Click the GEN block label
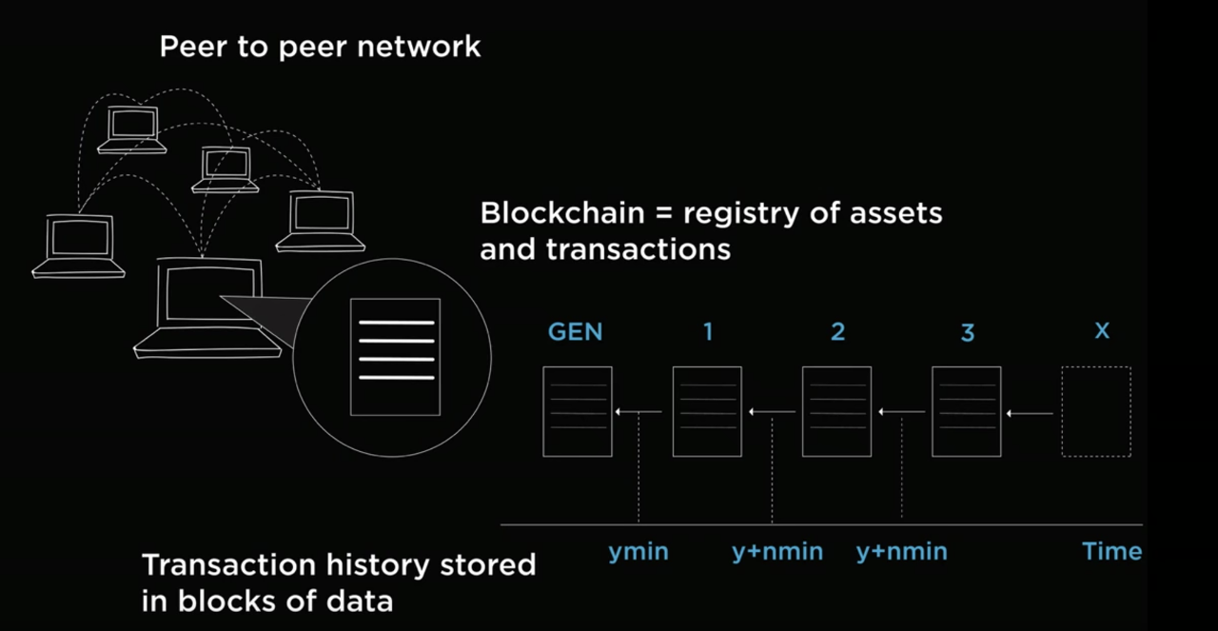tap(576, 331)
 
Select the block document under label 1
tap(707, 412)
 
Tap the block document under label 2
tap(837, 412)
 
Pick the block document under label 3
tap(966, 412)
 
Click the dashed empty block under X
tap(1096, 412)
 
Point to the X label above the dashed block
tap(1102, 331)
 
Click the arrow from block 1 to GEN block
tap(638, 411)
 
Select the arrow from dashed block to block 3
tap(1031, 413)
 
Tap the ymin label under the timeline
tap(638, 551)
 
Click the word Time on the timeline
tap(1111, 551)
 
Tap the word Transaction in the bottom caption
tap(230, 564)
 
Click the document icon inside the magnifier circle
tap(396, 357)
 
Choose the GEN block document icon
tap(578, 412)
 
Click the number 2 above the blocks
tap(837, 331)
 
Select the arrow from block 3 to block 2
tap(901, 411)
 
